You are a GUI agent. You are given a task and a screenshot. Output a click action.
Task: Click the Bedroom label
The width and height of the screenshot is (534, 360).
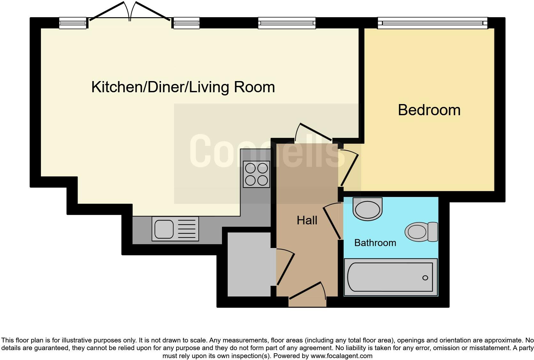pos(429,110)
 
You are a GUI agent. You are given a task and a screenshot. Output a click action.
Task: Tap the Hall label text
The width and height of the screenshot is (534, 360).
pos(307,220)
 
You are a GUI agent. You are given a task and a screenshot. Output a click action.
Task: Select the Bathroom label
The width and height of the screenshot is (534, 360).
pos(375,243)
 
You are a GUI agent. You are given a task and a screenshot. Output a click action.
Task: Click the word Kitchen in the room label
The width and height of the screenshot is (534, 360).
pos(117,87)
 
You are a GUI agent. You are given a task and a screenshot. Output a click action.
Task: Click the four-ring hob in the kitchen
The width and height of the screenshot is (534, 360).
pos(256,174)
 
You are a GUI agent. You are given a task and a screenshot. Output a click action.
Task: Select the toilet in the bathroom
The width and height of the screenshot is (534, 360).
pos(421,232)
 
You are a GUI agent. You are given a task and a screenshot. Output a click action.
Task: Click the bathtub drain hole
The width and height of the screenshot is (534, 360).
pos(425,278)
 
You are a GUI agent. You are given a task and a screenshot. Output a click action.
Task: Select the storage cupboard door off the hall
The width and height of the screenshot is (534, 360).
pos(285,267)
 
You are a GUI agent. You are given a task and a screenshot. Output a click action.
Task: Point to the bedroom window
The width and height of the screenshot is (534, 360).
pos(432,23)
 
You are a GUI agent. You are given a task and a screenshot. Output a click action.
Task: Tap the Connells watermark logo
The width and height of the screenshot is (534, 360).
pos(265,152)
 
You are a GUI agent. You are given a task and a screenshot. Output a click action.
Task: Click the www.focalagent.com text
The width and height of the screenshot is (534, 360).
pos(341,356)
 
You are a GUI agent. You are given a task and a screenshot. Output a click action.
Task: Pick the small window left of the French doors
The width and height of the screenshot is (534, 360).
pos(73,23)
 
